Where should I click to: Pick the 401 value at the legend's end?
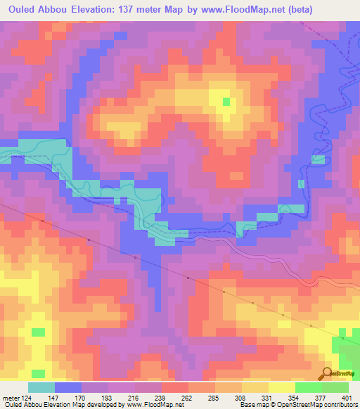tap(346, 397)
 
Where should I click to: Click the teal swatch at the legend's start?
tap(41, 387)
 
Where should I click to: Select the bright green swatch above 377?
tap(309, 387)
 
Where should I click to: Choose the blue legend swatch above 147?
tap(68, 387)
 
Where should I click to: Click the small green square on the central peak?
tap(226, 102)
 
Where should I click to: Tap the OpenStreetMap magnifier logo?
tap(327, 373)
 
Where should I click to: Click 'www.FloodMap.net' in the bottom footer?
tap(150, 405)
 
